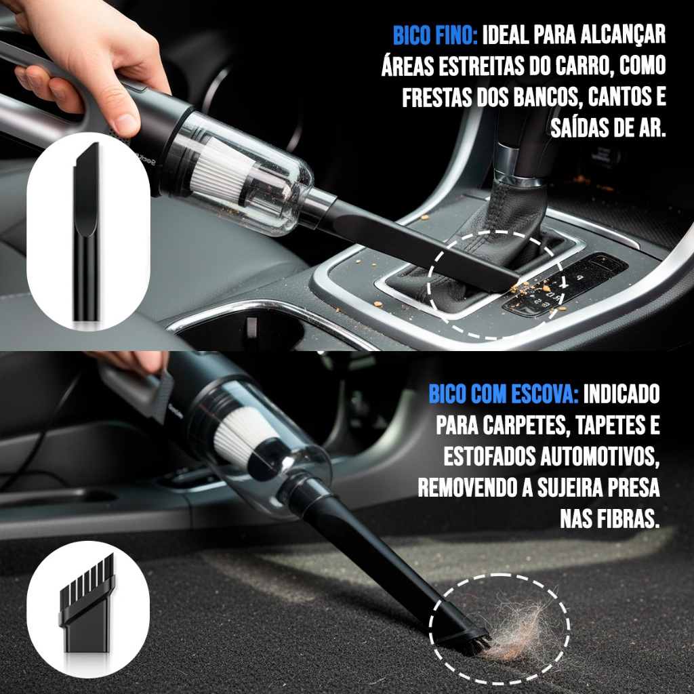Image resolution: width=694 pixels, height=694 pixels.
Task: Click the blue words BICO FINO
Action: (x=435, y=35)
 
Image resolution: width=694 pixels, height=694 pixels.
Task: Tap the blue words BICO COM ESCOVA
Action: (x=504, y=394)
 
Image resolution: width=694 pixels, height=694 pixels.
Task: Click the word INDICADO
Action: (x=621, y=394)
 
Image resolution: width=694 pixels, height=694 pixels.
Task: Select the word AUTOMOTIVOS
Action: (x=600, y=456)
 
